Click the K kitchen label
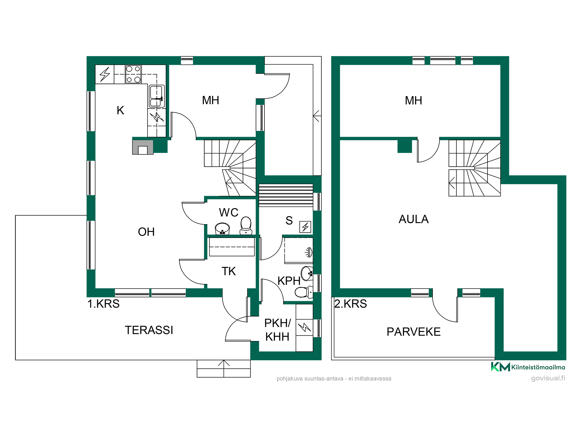point(120,111)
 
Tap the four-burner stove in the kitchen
point(133,74)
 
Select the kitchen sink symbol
point(156,96)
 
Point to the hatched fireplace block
point(143,147)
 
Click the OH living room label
point(146,232)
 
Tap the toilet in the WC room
point(246,226)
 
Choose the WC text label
point(229,213)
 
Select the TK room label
point(229,271)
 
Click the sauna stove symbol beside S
point(305,227)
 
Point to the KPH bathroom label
point(289,281)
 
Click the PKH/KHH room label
point(277,330)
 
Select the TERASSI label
point(149,330)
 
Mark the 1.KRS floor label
point(103,304)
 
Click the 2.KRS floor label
point(350,304)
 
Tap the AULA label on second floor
point(414,219)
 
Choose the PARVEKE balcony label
point(414,332)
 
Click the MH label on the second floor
point(414,101)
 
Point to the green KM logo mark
point(500,367)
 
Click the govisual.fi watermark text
point(548,378)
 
